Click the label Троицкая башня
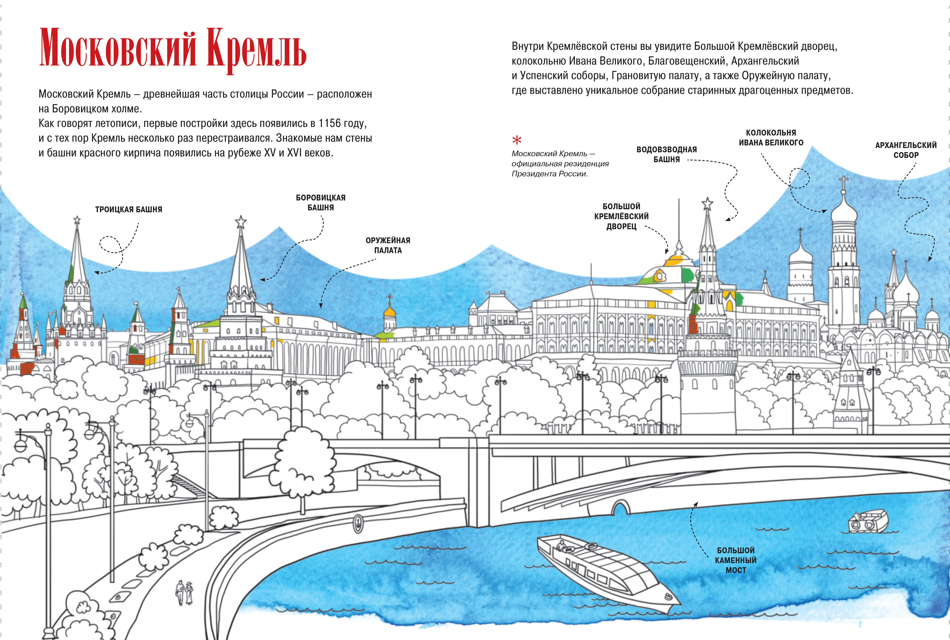coord(129,209)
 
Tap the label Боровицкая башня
coord(321,202)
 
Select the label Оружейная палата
coord(388,245)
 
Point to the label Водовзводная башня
coord(666,154)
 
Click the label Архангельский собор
coord(906,150)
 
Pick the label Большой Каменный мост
coord(736,560)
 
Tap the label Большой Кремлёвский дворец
coord(621,216)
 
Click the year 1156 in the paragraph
coord(329,123)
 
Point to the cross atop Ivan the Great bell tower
coord(843,180)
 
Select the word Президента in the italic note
coord(531,174)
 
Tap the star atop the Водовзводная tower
coord(707,203)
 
